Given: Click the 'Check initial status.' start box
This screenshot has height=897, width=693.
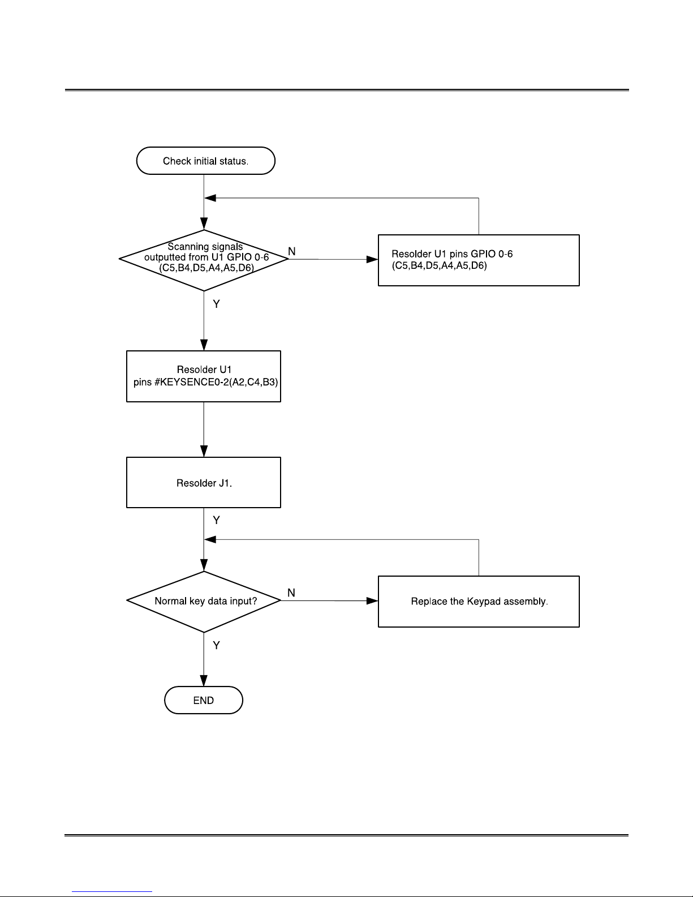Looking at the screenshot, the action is tap(205, 161).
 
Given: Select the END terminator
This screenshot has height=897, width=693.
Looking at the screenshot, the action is tap(203, 700).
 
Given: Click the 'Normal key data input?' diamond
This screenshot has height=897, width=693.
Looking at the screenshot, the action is tap(204, 602).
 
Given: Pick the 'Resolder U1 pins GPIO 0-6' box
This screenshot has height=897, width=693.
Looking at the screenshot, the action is tap(479, 260).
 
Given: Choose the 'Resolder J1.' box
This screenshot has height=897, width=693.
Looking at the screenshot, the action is tap(203, 482).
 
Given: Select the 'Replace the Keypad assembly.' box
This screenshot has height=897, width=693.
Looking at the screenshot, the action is tap(479, 602).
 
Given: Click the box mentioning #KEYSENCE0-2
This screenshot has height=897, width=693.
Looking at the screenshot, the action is tap(203, 376).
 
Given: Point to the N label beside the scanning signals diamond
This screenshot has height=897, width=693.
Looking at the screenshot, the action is tap(292, 251).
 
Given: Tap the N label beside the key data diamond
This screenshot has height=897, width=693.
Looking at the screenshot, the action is tap(291, 593).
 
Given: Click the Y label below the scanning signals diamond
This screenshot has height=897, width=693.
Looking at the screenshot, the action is tap(216, 304).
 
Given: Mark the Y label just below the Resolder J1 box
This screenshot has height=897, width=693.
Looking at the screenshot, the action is tap(216, 520).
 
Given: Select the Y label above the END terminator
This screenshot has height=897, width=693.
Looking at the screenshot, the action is tap(216, 645).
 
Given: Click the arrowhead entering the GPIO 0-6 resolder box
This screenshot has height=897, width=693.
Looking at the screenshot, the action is tap(372, 259).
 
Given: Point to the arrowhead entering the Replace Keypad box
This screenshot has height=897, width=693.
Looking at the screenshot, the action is tap(372, 600).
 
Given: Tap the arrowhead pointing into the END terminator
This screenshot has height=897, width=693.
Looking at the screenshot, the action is tap(204, 680).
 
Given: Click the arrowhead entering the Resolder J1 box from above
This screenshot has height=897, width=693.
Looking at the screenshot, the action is tap(204, 451).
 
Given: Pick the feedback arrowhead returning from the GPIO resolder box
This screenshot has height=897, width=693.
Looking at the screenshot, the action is tap(210, 198).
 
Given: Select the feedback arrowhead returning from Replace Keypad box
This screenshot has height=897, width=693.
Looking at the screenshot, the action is tap(210, 539).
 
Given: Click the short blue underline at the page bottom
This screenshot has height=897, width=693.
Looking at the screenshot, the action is tap(112, 891).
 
